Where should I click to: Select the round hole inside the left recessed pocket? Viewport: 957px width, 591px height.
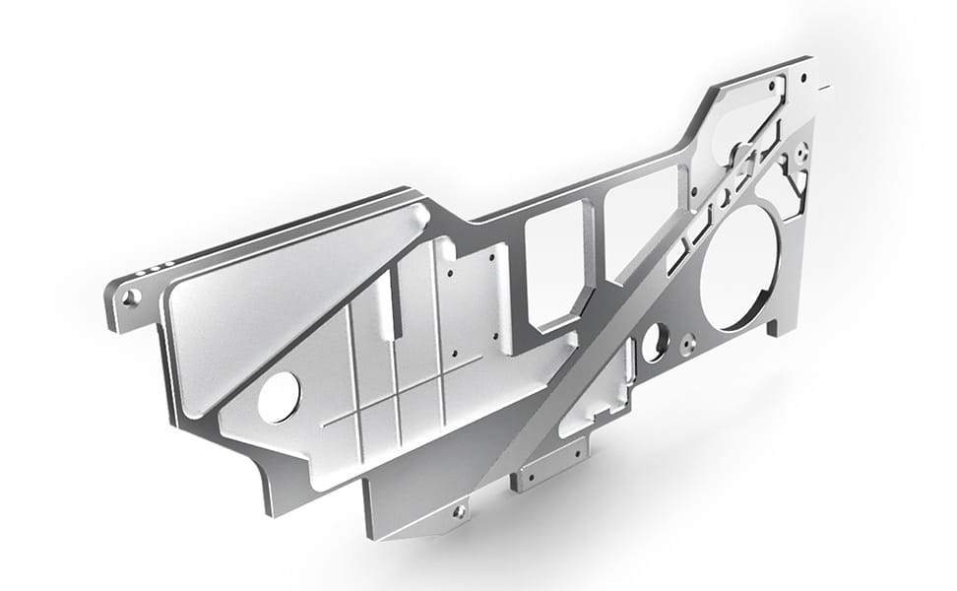[x=279, y=395]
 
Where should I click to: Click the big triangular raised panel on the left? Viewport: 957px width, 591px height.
[x=286, y=295]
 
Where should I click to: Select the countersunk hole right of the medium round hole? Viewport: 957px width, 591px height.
[x=688, y=344]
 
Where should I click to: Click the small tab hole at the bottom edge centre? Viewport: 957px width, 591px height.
[x=459, y=511]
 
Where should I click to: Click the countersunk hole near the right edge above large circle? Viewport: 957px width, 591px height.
[x=802, y=153]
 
